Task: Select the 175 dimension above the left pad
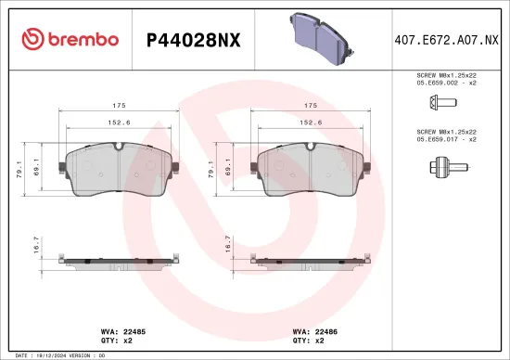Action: pyautogui.click(x=119, y=106)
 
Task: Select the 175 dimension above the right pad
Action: pyautogui.click(x=312, y=106)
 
